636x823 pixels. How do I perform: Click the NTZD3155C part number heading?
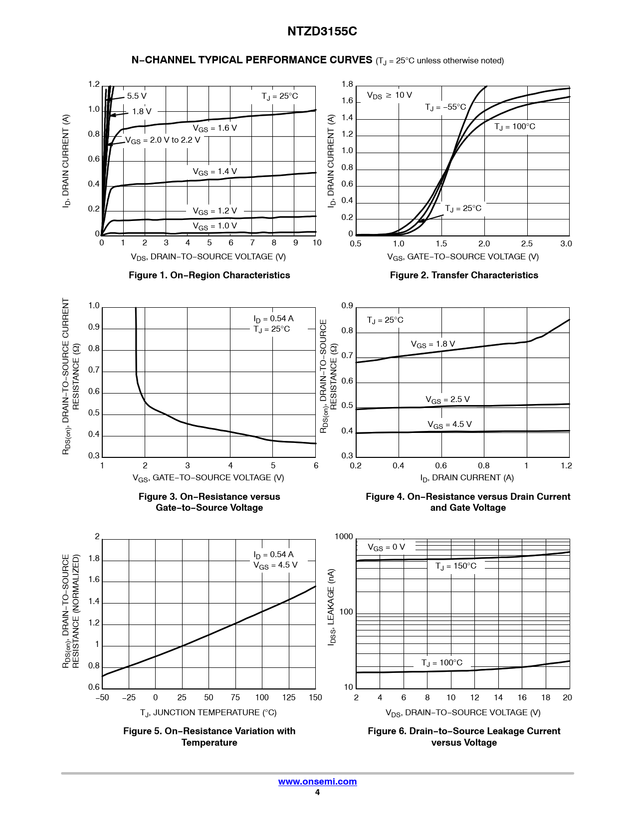click(322, 31)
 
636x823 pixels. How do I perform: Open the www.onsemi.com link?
click(317, 782)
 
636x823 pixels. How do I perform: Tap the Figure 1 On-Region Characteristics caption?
click(209, 275)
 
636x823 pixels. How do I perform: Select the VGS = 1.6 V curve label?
click(215, 128)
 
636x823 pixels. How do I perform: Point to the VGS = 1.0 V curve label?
click(215, 226)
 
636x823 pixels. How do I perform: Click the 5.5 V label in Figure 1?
click(137, 96)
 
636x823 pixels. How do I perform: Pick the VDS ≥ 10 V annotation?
click(389, 95)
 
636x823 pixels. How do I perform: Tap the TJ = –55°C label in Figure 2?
click(445, 107)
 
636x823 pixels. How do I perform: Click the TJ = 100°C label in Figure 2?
click(515, 127)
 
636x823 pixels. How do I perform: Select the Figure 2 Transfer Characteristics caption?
click(464, 275)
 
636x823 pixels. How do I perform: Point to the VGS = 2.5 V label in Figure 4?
click(447, 400)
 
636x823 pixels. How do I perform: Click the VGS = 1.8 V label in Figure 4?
click(433, 344)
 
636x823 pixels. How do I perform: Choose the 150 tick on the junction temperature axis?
click(315, 697)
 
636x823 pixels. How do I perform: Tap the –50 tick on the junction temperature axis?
click(102, 697)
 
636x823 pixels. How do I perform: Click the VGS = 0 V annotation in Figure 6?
click(386, 547)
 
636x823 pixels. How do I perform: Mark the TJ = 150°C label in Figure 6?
click(456, 566)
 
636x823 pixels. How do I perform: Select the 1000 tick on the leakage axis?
click(344, 537)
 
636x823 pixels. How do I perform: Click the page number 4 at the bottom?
click(317, 793)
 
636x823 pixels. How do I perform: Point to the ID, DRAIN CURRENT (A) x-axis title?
click(467, 478)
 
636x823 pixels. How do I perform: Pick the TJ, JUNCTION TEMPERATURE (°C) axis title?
click(209, 712)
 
